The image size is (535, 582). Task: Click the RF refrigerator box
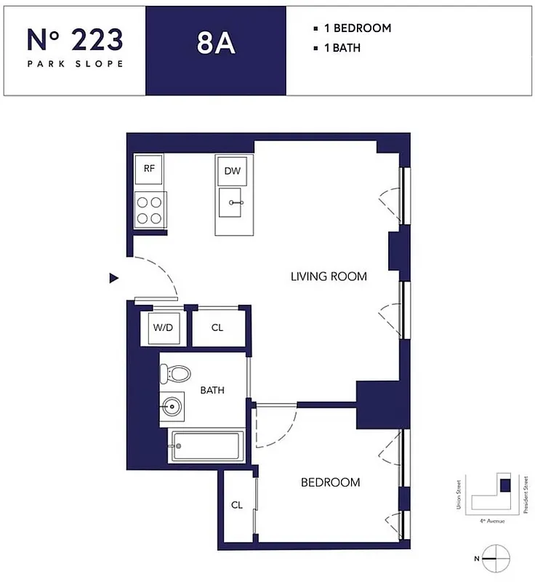[x=149, y=169]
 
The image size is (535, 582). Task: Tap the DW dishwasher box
[x=232, y=171]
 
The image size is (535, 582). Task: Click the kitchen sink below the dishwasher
[x=233, y=204]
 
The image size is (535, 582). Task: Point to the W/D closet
[x=163, y=327]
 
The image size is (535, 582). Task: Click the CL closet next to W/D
[x=217, y=327]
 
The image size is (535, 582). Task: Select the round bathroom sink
[x=173, y=407]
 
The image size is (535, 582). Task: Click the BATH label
[x=212, y=391]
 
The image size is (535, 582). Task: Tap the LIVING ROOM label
[x=329, y=276]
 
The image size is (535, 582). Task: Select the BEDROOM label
[x=331, y=482]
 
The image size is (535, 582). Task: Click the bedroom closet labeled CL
[x=237, y=505]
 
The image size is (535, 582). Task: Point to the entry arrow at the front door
[x=113, y=277]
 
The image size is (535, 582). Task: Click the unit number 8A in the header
[x=216, y=44]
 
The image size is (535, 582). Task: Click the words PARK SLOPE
[x=75, y=63]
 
